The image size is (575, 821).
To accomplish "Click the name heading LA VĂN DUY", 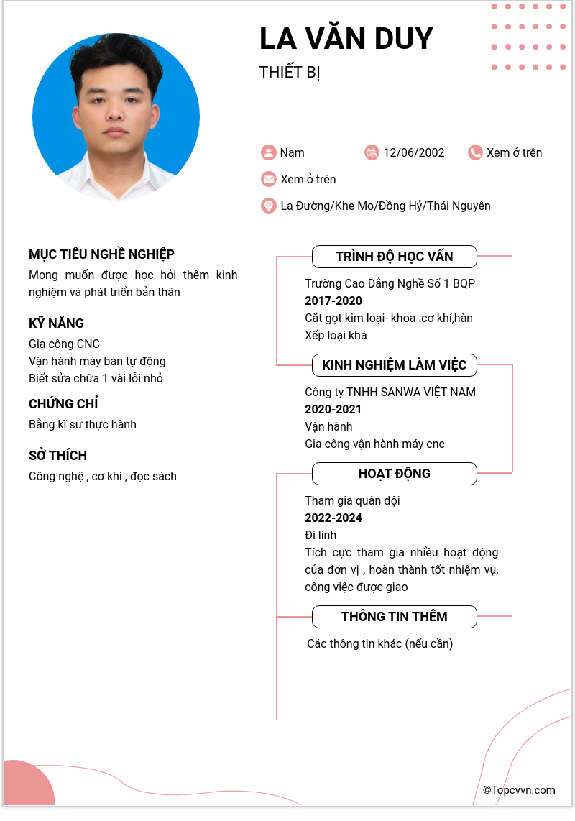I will point(346,39).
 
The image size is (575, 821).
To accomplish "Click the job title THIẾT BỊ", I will point(290,73).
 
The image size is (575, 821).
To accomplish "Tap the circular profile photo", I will point(116,116).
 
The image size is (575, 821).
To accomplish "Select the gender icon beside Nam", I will point(269,152).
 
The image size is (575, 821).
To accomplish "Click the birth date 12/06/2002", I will point(413,152).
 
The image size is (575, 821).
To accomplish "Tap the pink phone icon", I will point(475,152).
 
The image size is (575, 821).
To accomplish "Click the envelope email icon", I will point(269,179).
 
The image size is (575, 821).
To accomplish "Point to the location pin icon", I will point(269,206).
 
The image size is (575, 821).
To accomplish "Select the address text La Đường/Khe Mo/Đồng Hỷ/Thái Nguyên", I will point(385,206).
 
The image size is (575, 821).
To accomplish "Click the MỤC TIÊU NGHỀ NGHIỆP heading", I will point(101,254).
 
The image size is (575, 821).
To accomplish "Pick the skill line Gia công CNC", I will point(64,344).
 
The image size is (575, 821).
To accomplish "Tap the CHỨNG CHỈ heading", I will point(63,404).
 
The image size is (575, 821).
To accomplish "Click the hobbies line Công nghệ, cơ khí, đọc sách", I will point(103,476).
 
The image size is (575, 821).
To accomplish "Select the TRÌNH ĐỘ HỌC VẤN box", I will point(394,257).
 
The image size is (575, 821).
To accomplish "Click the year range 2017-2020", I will point(333,301).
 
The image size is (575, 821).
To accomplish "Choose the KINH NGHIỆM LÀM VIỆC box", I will point(394,365).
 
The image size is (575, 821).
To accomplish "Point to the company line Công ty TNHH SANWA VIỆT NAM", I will point(390,392).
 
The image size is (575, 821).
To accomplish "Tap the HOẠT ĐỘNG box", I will point(394,474).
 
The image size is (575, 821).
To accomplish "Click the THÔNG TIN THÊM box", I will point(394,617).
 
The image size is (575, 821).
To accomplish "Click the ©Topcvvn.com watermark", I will point(519,790).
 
